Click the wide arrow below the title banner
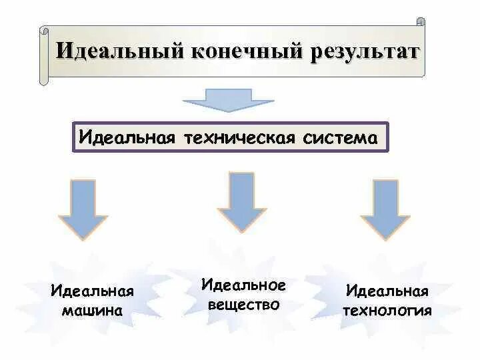(x=229, y=100)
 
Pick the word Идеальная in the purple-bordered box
(x=127, y=138)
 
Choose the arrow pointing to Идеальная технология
(x=385, y=209)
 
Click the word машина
(x=92, y=310)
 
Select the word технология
(x=387, y=310)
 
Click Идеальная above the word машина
(x=92, y=291)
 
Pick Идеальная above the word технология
(x=387, y=291)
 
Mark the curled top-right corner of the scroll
(x=420, y=22)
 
